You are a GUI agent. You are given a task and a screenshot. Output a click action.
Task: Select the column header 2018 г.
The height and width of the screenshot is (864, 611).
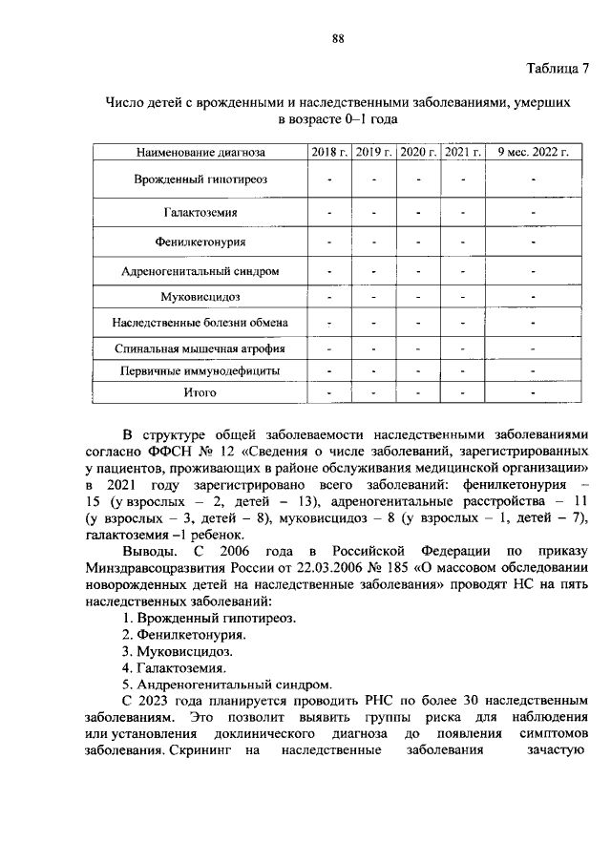click(x=329, y=152)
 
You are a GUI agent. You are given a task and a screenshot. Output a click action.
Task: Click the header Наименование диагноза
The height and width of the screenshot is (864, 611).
click(x=200, y=152)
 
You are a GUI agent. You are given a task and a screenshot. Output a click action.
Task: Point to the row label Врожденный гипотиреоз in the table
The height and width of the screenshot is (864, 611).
click(x=200, y=179)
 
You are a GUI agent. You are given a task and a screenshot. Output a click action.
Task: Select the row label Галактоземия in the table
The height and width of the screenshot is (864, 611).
click(x=200, y=212)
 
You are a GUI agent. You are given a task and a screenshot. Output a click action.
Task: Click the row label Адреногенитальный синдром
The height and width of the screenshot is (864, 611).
click(x=200, y=271)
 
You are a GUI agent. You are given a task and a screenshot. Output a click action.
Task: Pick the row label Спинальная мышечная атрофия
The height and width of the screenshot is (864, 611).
click(x=200, y=348)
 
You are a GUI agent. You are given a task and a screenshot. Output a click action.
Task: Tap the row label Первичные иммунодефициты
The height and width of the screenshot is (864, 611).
click(x=200, y=370)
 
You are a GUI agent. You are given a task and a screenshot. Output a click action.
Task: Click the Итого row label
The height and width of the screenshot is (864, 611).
click(x=200, y=392)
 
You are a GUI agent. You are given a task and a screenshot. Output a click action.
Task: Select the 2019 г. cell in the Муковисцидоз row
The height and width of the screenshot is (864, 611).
click(x=374, y=297)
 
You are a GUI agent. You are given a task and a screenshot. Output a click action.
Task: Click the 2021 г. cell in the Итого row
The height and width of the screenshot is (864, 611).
click(x=462, y=392)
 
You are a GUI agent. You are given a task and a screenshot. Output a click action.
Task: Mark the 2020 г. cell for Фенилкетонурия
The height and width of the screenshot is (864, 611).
click(x=418, y=242)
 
